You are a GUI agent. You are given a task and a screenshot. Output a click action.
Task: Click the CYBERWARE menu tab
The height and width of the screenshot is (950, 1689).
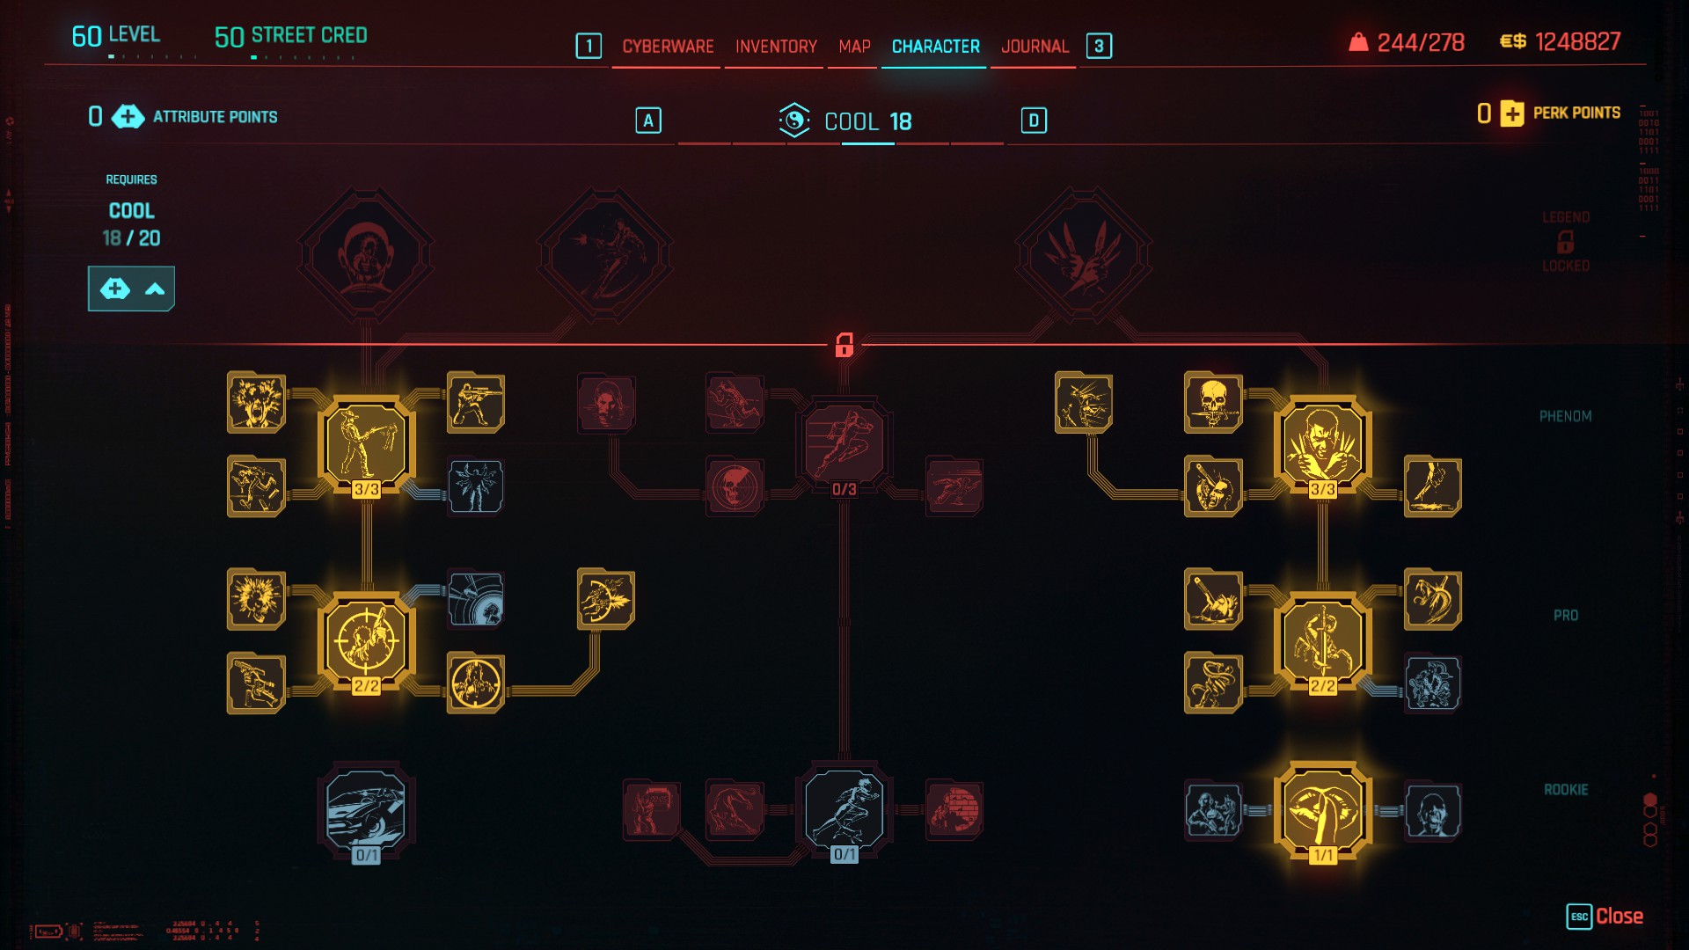[x=668, y=47]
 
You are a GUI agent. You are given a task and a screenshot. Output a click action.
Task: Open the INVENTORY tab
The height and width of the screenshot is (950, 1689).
[x=776, y=47]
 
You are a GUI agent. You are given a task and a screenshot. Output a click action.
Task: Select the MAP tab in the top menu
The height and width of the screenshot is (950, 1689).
[x=854, y=47]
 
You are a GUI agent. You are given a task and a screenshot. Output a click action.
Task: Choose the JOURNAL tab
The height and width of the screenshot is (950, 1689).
[x=1035, y=47]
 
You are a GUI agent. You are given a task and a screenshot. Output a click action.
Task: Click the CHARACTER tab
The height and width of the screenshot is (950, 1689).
[x=935, y=47]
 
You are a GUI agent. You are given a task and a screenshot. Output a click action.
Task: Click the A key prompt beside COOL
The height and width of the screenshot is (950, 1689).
[x=648, y=121]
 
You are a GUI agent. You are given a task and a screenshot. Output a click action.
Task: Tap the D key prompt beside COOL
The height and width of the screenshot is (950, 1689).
[x=1034, y=121]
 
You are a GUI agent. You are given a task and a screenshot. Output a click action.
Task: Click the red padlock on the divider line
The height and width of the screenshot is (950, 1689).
[x=844, y=344]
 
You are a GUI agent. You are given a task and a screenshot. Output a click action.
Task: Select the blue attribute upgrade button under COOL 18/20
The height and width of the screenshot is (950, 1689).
[x=131, y=289]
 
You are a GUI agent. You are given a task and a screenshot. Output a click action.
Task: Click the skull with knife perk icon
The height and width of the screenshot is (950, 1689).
[x=1213, y=403]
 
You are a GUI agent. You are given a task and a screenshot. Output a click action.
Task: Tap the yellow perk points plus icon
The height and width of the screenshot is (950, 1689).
[x=1511, y=113]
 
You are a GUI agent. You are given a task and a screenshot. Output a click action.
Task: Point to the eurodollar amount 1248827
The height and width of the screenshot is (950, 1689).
[x=1577, y=42]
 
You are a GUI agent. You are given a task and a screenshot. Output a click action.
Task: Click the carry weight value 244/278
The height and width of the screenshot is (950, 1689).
[x=1420, y=42]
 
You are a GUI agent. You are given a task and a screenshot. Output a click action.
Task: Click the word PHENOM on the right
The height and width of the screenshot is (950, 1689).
[x=1565, y=416]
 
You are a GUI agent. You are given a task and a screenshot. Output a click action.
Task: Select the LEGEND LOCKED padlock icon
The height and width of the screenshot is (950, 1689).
[x=1565, y=241]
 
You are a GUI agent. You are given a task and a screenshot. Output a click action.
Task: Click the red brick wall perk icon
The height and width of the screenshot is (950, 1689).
[x=954, y=809]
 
